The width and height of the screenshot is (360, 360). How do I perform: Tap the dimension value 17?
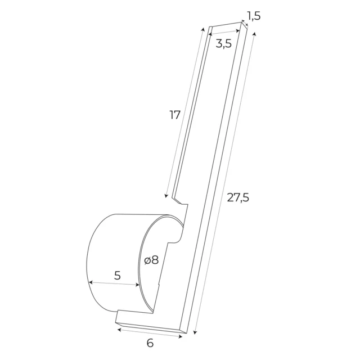(x=175, y=115)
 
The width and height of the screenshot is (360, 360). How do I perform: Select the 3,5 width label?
(x=223, y=44)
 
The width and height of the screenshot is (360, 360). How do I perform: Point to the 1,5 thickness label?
(x=254, y=16)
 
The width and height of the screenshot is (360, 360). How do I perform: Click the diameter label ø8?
(x=151, y=260)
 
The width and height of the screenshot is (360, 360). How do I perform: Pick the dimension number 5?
(x=117, y=276)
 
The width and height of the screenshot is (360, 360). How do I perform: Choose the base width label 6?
(x=150, y=343)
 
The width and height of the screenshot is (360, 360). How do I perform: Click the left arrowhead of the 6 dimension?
(x=119, y=330)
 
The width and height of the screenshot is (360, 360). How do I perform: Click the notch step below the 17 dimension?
(x=179, y=200)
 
